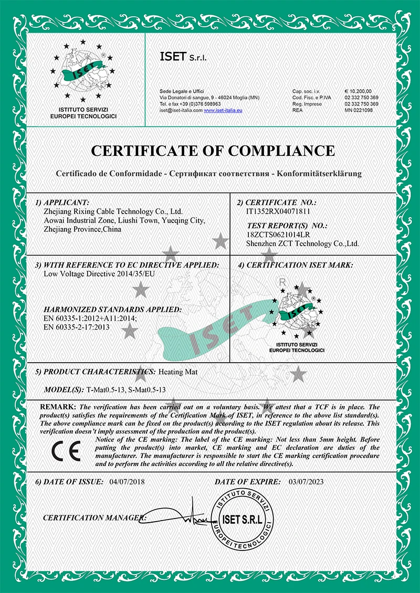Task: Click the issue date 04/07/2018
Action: click(127, 482)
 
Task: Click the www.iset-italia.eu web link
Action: click(223, 110)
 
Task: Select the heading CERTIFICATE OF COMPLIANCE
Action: click(213, 151)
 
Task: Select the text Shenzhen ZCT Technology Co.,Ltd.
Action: click(303, 243)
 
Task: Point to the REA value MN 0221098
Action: click(359, 110)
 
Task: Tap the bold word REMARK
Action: click(58, 407)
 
